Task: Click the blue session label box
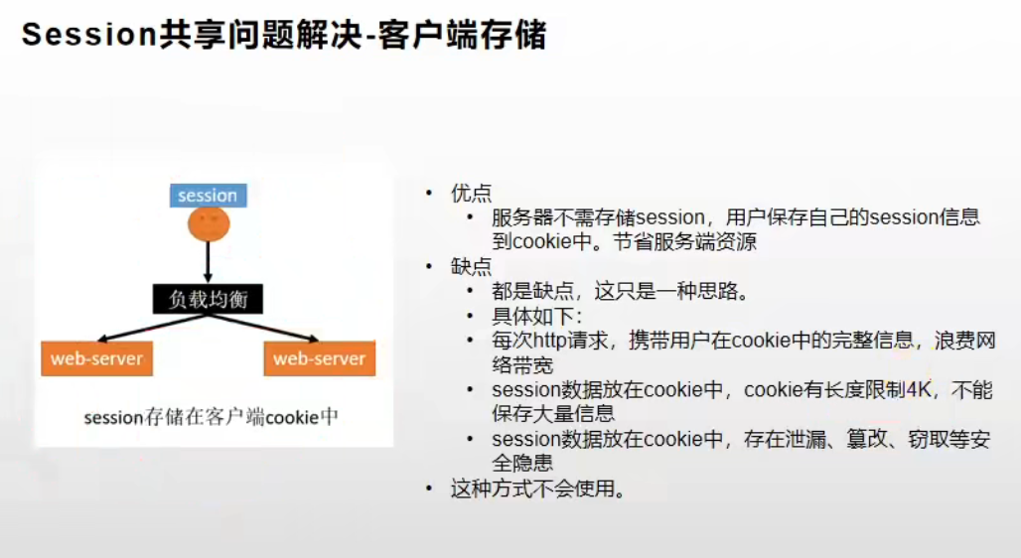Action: click(209, 196)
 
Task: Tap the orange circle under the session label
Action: click(209, 223)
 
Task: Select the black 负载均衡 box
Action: click(209, 299)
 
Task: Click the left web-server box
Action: click(97, 358)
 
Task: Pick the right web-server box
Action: click(320, 358)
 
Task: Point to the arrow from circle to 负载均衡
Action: click(209, 262)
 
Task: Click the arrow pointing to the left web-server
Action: click(152, 329)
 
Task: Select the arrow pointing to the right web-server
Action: click(264, 329)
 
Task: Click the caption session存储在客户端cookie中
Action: click(211, 417)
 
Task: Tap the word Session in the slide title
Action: click(89, 34)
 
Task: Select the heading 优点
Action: click(472, 193)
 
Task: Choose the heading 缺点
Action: click(472, 266)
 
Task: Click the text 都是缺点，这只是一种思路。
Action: click(622, 291)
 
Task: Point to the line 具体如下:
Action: click(537, 316)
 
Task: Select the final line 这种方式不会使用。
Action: click(538, 488)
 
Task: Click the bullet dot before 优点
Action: click(429, 193)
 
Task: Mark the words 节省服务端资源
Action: click(685, 241)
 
